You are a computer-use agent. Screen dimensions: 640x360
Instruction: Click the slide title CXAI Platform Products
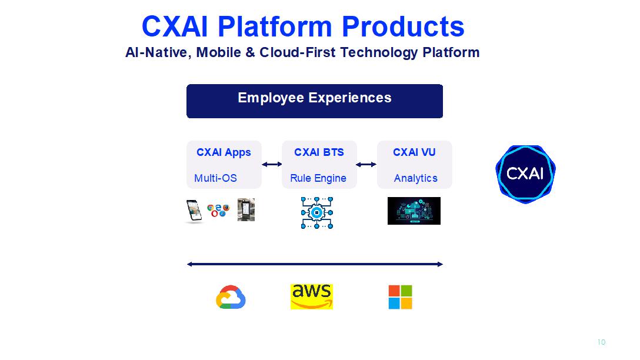pyautogui.click(x=303, y=26)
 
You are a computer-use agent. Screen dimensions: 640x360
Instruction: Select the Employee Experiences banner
pyautogui.click(x=314, y=101)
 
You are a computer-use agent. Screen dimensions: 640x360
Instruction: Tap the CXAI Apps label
pyautogui.click(x=224, y=152)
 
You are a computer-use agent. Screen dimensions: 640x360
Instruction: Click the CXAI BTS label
pyautogui.click(x=319, y=152)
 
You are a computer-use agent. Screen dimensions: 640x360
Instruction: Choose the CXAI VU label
pyautogui.click(x=414, y=152)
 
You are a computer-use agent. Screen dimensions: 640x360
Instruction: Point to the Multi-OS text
pyautogui.click(x=215, y=178)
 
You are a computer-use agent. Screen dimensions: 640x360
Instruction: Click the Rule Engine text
pyautogui.click(x=318, y=178)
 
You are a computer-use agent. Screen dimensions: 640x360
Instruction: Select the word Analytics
pyautogui.click(x=415, y=178)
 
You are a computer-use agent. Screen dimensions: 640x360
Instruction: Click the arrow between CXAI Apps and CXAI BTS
pyautogui.click(x=272, y=165)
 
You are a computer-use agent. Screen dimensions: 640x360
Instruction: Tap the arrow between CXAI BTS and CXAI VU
pyautogui.click(x=366, y=165)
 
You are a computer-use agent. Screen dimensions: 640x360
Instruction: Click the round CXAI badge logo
pyautogui.click(x=525, y=174)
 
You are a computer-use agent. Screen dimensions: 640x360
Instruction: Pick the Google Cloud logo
pyautogui.click(x=231, y=297)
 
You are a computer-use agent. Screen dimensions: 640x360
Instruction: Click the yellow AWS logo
pyautogui.click(x=312, y=296)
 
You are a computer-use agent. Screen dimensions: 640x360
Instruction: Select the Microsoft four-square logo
pyautogui.click(x=400, y=297)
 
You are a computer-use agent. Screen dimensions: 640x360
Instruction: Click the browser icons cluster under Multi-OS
pyautogui.click(x=218, y=210)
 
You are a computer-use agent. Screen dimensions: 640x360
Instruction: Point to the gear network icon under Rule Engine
pyautogui.click(x=317, y=212)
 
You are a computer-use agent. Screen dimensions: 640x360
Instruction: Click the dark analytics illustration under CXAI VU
pyautogui.click(x=414, y=211)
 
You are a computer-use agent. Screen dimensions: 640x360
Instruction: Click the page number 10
pyautogui.click(x=601, y=342)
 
